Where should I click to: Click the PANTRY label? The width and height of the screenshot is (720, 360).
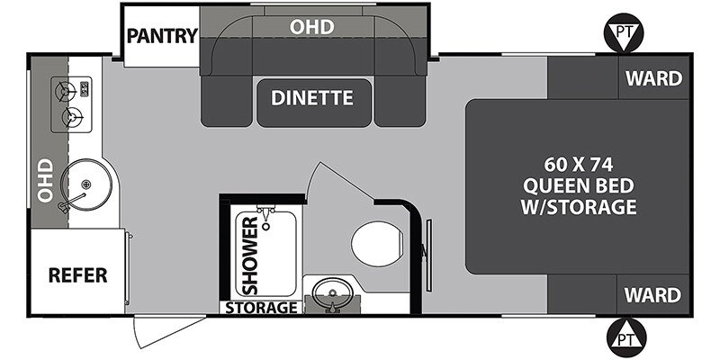click(x=162, y=36)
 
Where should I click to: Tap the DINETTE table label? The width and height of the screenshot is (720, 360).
click(x=312, y=97)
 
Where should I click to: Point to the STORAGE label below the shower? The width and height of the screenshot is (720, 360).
click(x=262, y=308)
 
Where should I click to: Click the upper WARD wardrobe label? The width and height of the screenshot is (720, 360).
click(x=654, y=78)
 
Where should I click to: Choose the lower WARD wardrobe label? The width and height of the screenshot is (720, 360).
click(x=654, y=294)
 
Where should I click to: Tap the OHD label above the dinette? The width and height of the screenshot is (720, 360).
click(x=311, y=27)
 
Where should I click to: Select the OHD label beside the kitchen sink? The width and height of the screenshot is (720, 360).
click(x=42, y=180)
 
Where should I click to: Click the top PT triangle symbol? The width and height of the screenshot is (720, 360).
click(x=623, y=32)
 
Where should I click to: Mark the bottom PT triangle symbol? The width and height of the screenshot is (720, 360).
click(x=623, y=339)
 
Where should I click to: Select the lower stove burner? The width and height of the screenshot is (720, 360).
click(x=71, y=116)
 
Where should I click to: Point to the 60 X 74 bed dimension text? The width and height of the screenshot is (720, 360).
click(x=589, y=165)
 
